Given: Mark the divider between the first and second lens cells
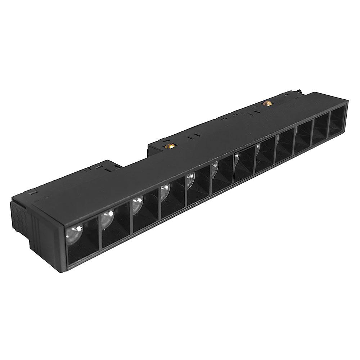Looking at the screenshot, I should coord(100,230).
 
